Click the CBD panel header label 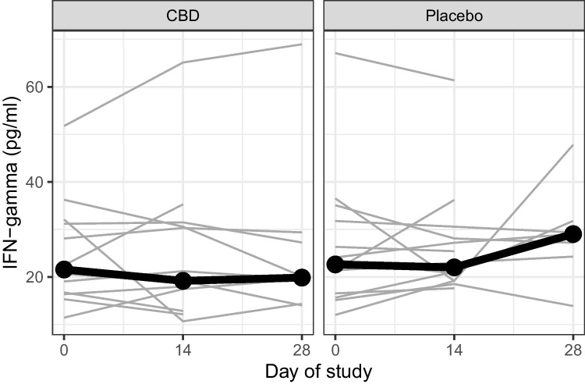(183, 16)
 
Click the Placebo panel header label (454, 16)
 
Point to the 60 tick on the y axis (37, 87)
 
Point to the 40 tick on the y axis (37, 182)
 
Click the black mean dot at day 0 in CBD (63, 269)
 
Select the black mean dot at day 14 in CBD (183, 281)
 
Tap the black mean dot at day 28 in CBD (302, 277)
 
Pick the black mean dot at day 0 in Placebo (335, 265)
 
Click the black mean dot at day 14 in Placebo (454, 268)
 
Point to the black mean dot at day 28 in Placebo (573, 234)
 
